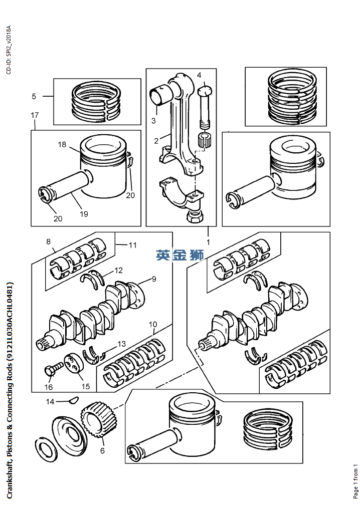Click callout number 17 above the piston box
pyautogui.click(x=35, y=115)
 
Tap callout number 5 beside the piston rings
pyautogui.click(x=34, y=96)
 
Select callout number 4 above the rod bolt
pyautogui.click(x=199, y=76)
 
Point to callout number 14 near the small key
pyautogui.click(x=50, y=402)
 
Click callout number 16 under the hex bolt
pyautogui.click(x=49, y=387)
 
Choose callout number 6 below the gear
pyautogui.click(x=102, y=451)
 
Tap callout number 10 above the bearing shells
pyautogui.click(x=152, y=324)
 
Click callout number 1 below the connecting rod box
pyautogui.click(x=208, y=242)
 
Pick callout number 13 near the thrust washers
pyautogui.click(x=121, y=344)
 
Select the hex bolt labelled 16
pyautogui.click(x=54, y=369)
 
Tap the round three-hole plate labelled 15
pyautogui.click(x=74, y=364)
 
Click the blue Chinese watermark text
pyautogui.click(x=179, y=255)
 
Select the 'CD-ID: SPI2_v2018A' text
pyautogui.click(x=9, y=50)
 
